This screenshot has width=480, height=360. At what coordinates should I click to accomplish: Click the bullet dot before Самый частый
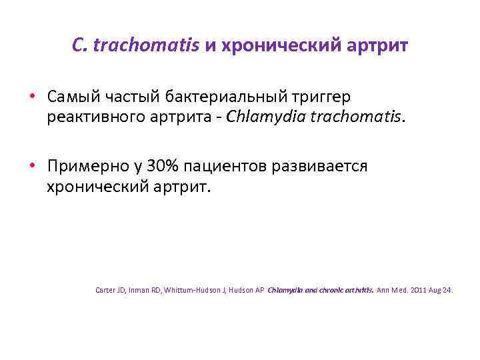(33, 97)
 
